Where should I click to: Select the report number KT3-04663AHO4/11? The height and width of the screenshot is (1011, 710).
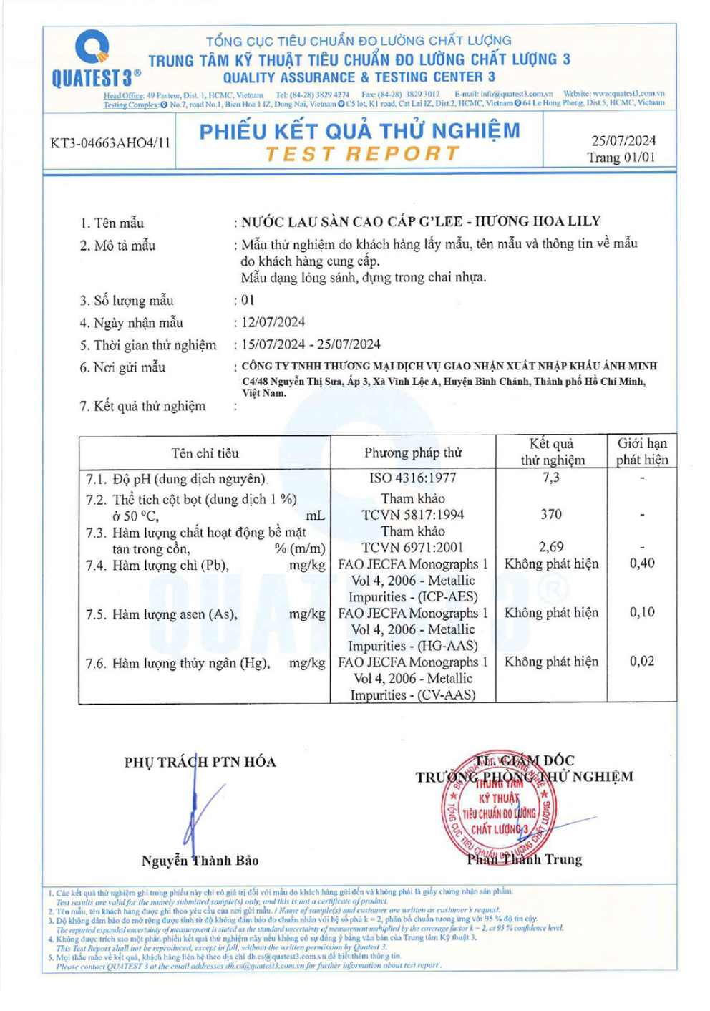[110, 143]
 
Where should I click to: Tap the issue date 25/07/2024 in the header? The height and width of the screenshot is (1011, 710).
[623, 141]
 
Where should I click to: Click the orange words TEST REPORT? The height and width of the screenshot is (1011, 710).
[362, 154]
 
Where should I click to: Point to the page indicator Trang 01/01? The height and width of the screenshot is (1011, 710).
[621, 158]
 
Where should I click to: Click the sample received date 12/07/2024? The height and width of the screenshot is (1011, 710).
[273, 322]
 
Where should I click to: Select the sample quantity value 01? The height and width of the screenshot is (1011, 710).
[248, 300]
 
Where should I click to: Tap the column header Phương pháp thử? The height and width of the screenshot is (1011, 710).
[413, 453]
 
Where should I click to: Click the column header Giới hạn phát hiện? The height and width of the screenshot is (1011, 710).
[642, 452]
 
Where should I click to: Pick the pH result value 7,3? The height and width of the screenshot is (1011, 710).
[551, 478]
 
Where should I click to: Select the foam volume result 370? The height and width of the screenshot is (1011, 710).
[551, 514]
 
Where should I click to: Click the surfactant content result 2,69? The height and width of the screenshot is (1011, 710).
[551, 547]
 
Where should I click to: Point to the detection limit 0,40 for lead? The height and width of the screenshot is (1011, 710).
[642, 563]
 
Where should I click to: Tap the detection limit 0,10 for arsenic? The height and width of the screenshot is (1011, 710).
[642, 612]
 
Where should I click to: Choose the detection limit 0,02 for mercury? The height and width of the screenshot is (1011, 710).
[642, 661]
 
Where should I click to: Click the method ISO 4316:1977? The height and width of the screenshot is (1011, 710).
[413, 478]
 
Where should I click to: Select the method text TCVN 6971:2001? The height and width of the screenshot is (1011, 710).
[413, 548]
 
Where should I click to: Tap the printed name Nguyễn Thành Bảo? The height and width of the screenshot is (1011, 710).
[200, 861]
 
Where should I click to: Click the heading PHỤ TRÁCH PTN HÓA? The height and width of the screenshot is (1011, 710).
[200, 762]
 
